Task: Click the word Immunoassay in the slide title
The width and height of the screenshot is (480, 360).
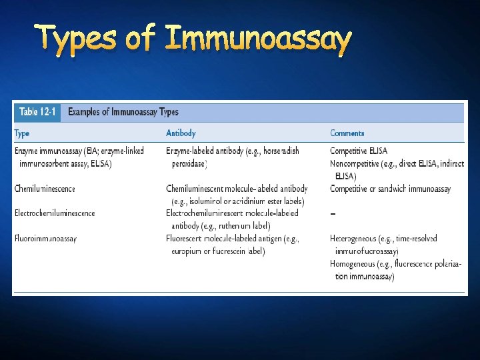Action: pos(257,41)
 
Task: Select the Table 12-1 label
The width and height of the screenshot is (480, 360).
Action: pos(37,112)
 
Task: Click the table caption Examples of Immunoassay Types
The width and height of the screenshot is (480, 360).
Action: pos(123,112)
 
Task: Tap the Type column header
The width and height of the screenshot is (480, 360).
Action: pos(22,133)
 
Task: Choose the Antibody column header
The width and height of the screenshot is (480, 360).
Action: pos(181,133)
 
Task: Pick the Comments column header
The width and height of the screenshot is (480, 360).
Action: pos(347,133)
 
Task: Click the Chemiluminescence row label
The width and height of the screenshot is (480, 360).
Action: pos(45,189)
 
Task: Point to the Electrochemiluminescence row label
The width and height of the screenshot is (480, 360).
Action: pos(55,213)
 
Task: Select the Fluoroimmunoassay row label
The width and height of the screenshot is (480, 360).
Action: pos(45,238)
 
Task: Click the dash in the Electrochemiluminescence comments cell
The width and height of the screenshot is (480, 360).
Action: pos(333,214)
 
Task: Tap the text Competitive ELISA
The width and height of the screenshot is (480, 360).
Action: pos(359,151)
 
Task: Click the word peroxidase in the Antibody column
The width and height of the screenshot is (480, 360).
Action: pos(189,163)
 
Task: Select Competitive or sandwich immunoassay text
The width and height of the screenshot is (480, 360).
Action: pos(390,189)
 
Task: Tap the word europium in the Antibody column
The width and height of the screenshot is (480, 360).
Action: pos(189,251)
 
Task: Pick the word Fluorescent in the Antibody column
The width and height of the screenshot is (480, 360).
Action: pos(185,238)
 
